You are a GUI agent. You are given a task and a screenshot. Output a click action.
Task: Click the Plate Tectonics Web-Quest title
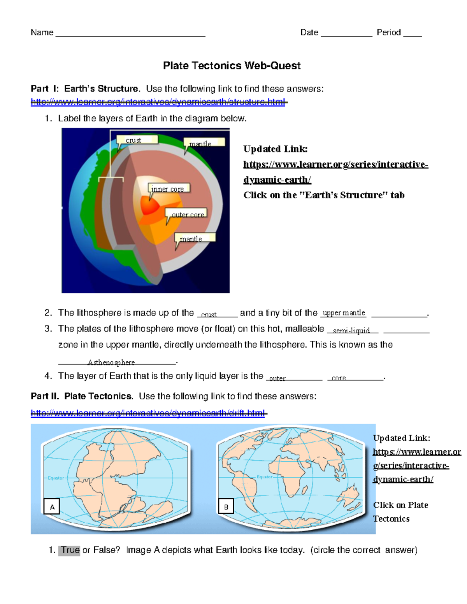point(232,66)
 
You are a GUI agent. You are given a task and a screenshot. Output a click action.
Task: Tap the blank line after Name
point(130,34)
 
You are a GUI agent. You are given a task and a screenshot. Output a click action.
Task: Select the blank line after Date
point(346,34)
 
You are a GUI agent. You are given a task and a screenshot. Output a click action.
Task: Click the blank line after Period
point(413,34)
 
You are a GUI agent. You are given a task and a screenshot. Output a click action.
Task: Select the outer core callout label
point(186,214)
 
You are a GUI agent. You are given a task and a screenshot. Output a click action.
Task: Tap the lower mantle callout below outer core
point(195,238)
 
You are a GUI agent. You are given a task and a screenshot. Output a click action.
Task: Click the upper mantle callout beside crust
point(204,143)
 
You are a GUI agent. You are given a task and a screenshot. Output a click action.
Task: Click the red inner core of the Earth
point(150,205)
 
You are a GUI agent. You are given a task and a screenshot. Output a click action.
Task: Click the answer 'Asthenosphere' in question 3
point(111,362)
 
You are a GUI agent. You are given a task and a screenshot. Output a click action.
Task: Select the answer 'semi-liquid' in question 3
point(351,331)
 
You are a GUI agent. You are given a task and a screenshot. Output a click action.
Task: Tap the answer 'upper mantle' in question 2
point(344,313)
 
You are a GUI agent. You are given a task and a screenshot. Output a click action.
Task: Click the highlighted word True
point(70,550)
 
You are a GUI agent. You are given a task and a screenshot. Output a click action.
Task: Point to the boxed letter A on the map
point(52,507)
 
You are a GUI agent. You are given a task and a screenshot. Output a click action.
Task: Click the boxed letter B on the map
point(226,507)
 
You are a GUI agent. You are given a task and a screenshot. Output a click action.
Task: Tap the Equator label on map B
point(265,477)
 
